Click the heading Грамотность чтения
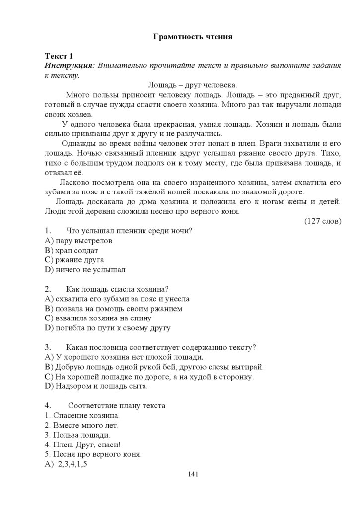[193, 36]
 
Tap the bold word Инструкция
[69, 65]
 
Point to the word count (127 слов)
[323, 221]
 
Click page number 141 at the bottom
[193, 475]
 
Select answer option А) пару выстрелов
[78, 241]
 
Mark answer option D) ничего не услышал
[85, 270]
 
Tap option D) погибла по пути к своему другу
[107, 328]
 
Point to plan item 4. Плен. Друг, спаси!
[79, 444]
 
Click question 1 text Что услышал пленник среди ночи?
[129, 231]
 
